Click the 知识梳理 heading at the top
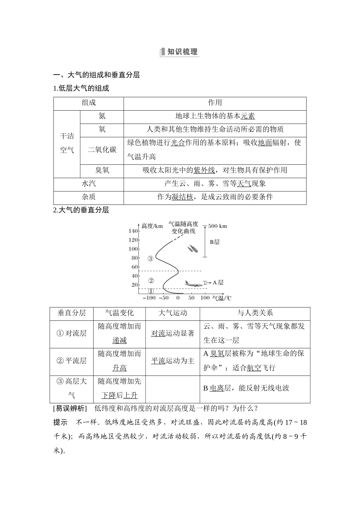point(180,52)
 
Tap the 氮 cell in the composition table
point(102,116)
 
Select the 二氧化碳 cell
point(102,150)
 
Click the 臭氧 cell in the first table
point(102,170)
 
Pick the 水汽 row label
point(89,184)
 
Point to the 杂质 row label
point(89,197)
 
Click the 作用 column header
point(215,103)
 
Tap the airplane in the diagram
point(193,283)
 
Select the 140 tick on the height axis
point(133,231)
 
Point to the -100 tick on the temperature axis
point(149,298)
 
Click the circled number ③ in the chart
point(150,259)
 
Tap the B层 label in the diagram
point(215,242)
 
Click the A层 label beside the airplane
point(218,283)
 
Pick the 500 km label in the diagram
point(218,226)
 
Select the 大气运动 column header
point(173,313)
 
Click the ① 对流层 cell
point(72,333)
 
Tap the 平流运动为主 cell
point(173,361)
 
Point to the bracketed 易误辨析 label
point(70,408)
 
